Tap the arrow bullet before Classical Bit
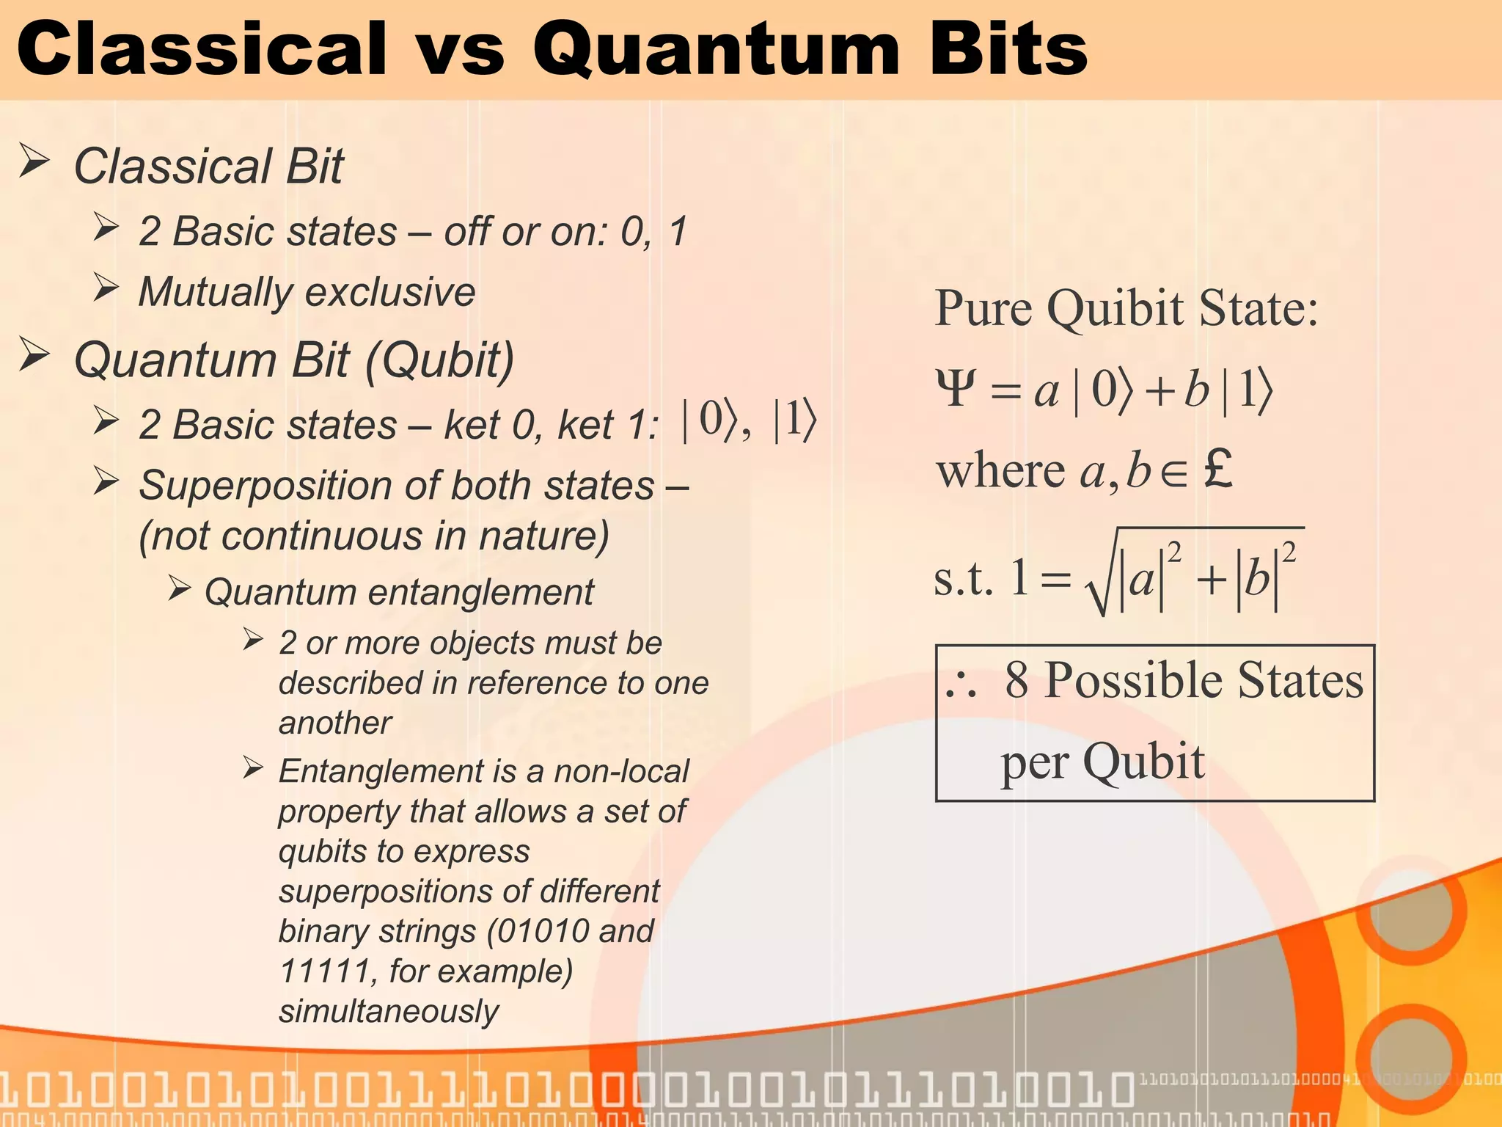(34, 161)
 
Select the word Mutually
(215, 292)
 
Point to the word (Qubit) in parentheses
(439, 360)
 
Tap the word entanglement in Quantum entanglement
(480, 592)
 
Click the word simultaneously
(388, 1011)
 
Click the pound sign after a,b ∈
(1217, 470)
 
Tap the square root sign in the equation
(1100, 580)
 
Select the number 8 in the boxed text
(1016, 679)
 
